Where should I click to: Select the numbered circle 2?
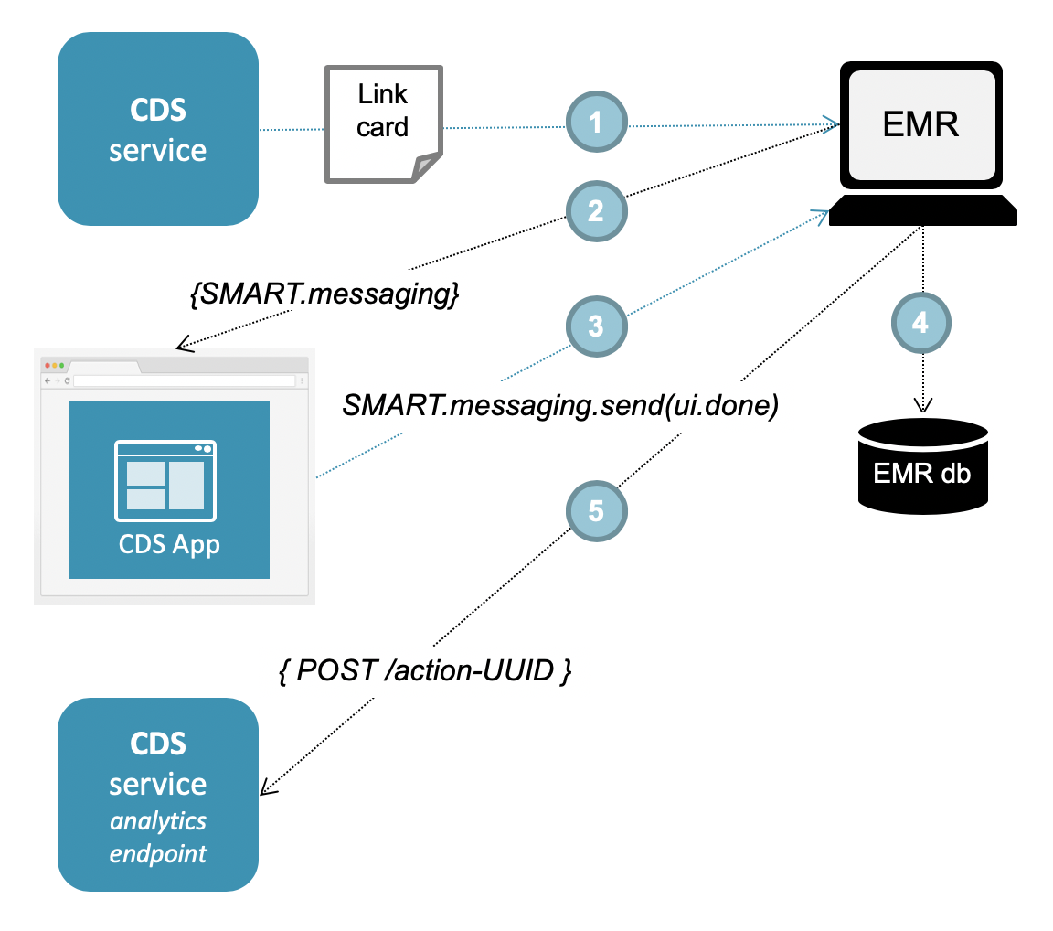(596, 211)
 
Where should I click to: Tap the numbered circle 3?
(596, 326)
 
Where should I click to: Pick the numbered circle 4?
(921, 323)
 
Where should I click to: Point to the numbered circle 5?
(596, 509)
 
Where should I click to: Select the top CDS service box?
(157, 129)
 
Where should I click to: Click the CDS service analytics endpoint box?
(157, 794)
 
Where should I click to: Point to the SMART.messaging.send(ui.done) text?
(559, 405)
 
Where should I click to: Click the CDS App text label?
(169, 545)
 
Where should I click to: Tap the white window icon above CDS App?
(165, 479)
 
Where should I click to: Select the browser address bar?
(183, 380)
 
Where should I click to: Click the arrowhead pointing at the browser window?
(183, 346)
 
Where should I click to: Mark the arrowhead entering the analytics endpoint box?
(267, 788)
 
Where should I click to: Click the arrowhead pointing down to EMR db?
(923, 406)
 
